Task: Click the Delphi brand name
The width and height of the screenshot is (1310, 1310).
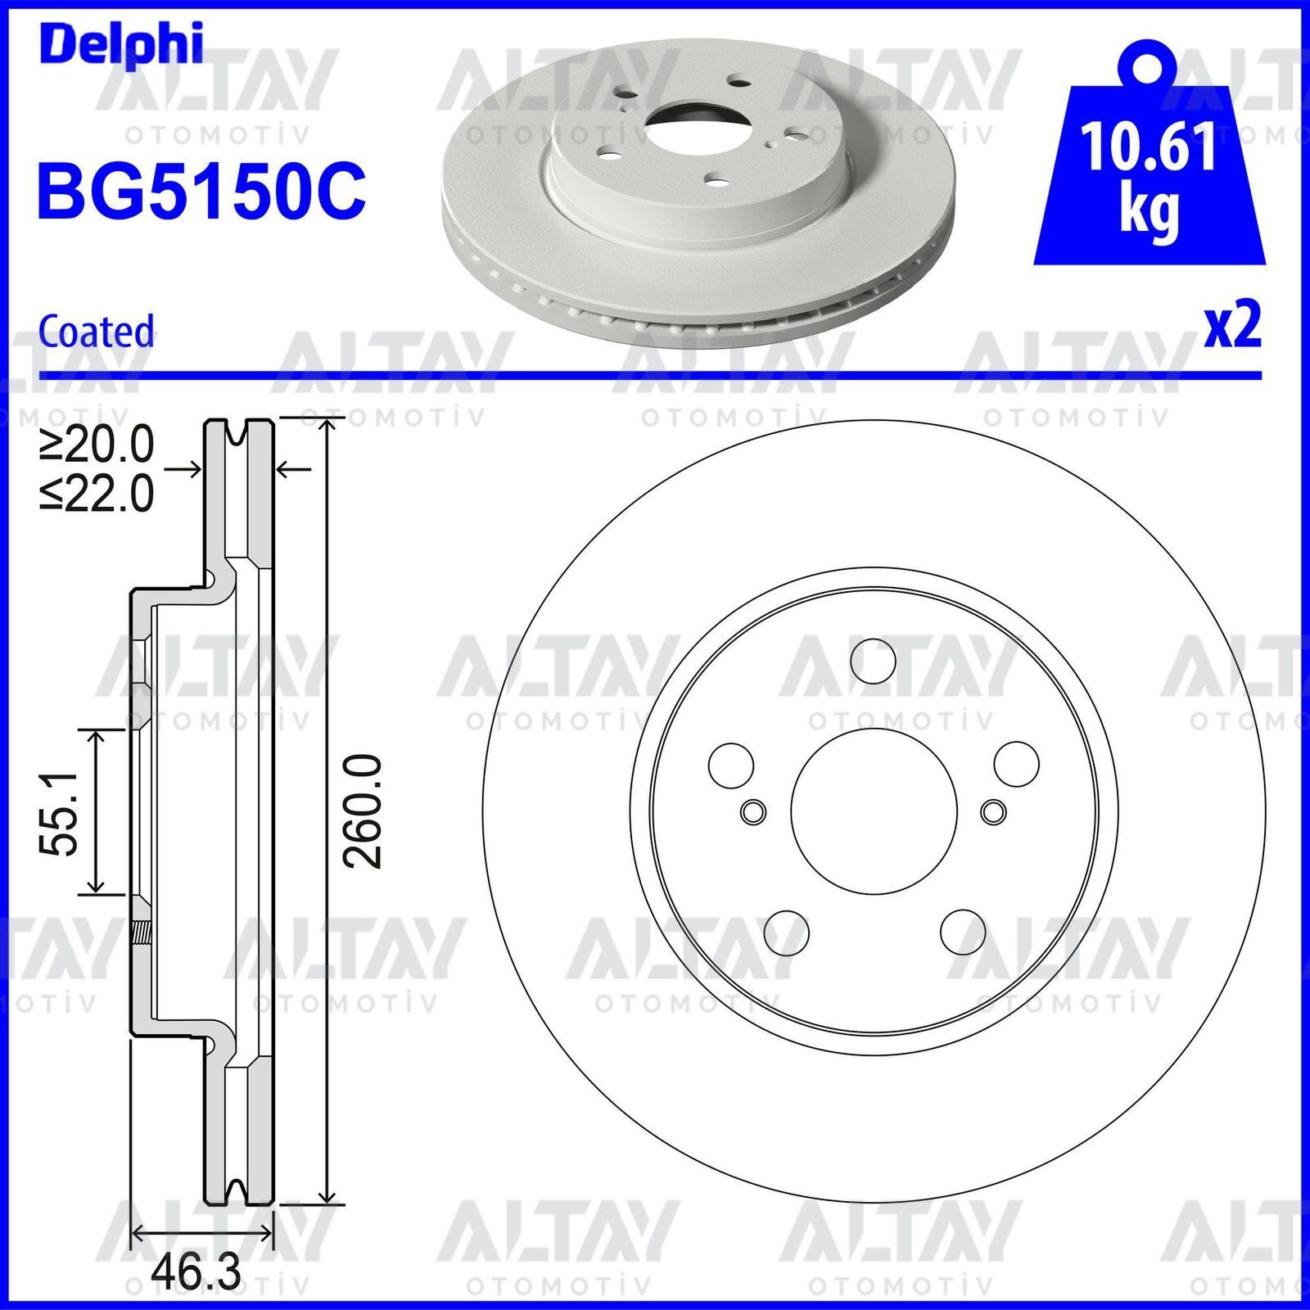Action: coord(120,44)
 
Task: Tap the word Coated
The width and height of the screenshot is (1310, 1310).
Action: coord(97,332)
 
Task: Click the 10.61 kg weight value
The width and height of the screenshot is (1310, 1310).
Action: coord(1149,174)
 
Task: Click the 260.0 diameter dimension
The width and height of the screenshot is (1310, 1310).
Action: coord(363,811)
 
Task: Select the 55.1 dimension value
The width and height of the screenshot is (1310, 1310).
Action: coord(60,812)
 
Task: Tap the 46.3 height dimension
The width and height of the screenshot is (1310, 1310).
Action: coord(196,1272)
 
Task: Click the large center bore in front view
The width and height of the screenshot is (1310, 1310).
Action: coord(874,811)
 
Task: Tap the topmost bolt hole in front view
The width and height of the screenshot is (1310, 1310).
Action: coord(873,660)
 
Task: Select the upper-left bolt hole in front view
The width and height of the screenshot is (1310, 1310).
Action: coord(730,764)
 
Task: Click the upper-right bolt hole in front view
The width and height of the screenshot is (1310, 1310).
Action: coord(1017,763)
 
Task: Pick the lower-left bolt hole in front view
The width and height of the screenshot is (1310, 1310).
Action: coord(786,932)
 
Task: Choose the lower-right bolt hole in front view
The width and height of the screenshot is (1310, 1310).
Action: coord(963,931)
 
